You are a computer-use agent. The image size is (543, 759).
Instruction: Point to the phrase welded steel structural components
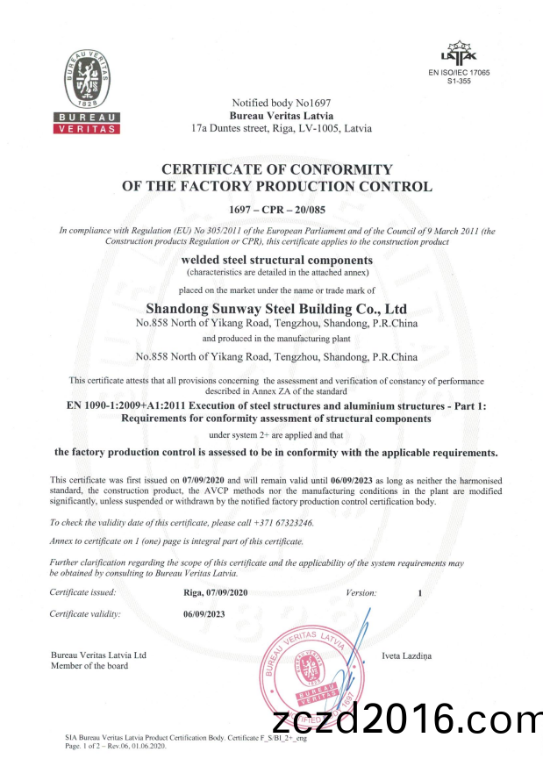[x=276, y=261]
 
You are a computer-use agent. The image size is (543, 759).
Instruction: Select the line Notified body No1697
[x=281, y=104]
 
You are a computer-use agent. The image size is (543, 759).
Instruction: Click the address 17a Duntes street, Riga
[x=281, y=128]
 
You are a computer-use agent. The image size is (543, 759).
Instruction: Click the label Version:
[x=361, y=593]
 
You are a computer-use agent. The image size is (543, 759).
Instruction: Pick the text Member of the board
[x=89, y=666]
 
